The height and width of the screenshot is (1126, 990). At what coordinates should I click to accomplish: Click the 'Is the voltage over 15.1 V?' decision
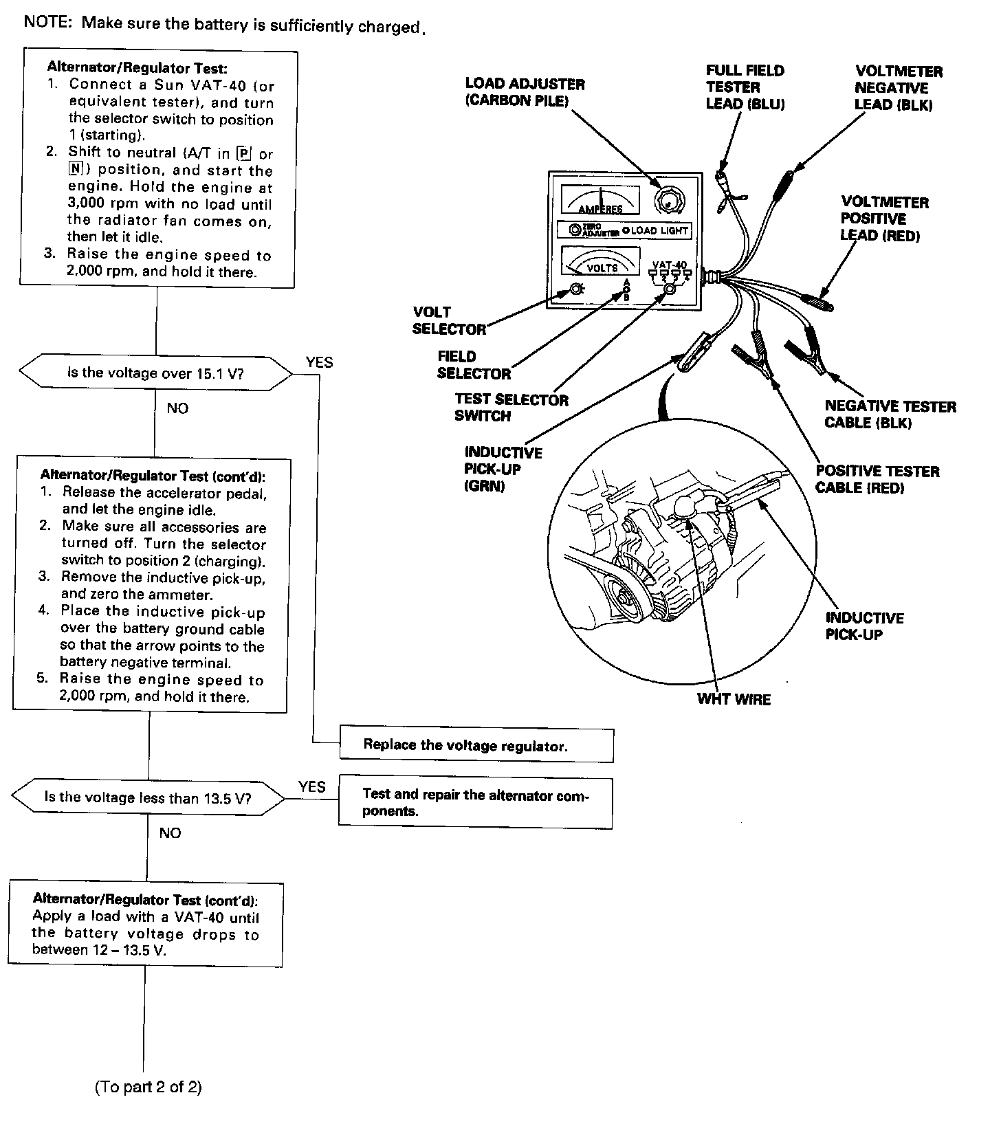[155, 373]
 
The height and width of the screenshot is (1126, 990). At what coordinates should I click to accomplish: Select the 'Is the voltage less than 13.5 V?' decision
[148, 797]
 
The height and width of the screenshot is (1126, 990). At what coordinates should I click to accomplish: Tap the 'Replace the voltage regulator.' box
[476, 745]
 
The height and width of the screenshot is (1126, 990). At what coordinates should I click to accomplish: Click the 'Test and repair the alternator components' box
[475, 802]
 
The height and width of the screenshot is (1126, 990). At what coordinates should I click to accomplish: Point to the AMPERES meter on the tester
[600, 199]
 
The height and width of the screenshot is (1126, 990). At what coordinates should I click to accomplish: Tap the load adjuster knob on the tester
[667, 201]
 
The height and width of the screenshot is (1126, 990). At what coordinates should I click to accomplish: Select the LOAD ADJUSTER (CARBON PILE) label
[525, 92]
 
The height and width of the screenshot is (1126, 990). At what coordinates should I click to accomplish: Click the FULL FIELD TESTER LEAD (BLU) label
[745, 87]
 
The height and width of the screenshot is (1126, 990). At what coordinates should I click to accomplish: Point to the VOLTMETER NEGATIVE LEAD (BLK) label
[898, 88]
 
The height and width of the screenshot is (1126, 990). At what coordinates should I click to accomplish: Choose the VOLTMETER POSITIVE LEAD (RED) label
[884, 219]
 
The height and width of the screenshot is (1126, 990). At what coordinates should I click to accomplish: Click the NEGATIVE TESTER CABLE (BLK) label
[890, 415]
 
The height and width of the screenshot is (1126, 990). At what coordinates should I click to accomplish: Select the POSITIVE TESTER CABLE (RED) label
[877, 479]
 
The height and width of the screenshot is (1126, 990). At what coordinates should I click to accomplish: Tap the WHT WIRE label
[734, 699]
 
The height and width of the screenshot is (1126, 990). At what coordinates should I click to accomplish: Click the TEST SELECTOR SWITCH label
[511, 408]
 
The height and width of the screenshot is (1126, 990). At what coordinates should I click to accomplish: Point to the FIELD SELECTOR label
[474, 365]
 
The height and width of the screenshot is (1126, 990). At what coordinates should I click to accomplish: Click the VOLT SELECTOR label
[448, 321]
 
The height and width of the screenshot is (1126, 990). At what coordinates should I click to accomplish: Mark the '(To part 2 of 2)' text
[148, 1087]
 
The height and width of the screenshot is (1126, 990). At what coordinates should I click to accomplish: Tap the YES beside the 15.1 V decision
[319, 362]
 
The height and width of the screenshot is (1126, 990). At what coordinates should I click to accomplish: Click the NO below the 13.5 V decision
[170, 833]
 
